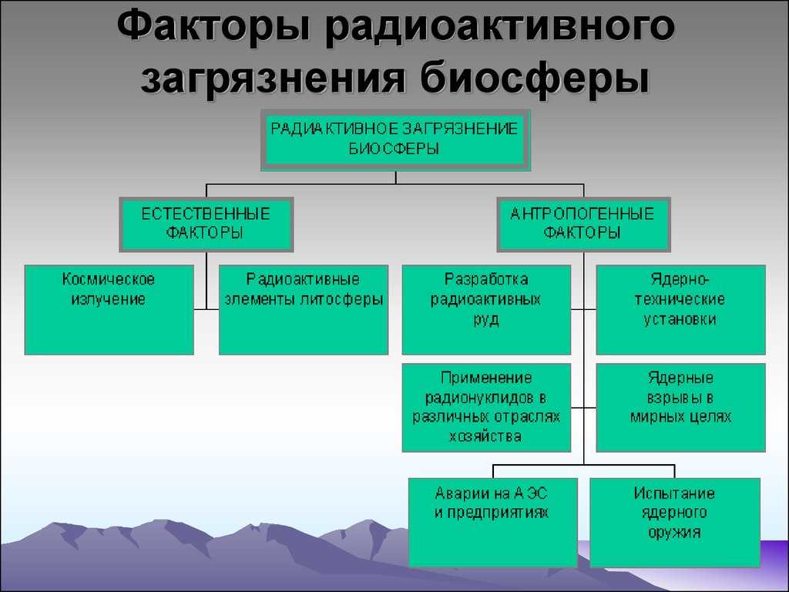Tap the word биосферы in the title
pos(536,78)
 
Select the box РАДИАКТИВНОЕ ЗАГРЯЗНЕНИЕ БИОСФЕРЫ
pos(395,140)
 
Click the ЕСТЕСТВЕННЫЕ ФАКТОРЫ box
pos(206,224)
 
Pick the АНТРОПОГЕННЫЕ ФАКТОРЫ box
pos(584,224)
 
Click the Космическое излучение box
pos(109,310)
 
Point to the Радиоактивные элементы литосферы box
pos(304,310)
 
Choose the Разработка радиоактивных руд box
pos(487,310)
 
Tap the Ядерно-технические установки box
pos(681,310)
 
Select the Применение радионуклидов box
pos(487,408)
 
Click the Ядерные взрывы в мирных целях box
pos(681,408)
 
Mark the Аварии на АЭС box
pos(493,523)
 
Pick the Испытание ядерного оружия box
pos(675,523)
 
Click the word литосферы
pos(341,300)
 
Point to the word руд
pos(486,320)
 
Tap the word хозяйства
pos(485,436)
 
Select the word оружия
pos(674,533)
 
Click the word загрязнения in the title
pos(274,78)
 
